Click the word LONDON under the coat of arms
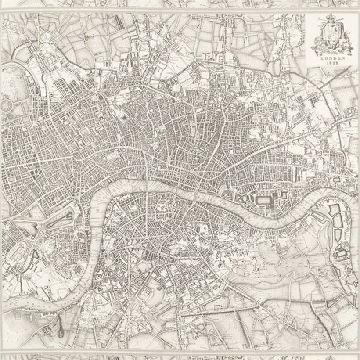point(332,58)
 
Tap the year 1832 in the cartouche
point(332,64)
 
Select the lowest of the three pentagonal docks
point(338,235)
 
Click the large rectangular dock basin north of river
point(263,200)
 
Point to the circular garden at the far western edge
point(7,105)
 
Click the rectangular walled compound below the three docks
point(340,253)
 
